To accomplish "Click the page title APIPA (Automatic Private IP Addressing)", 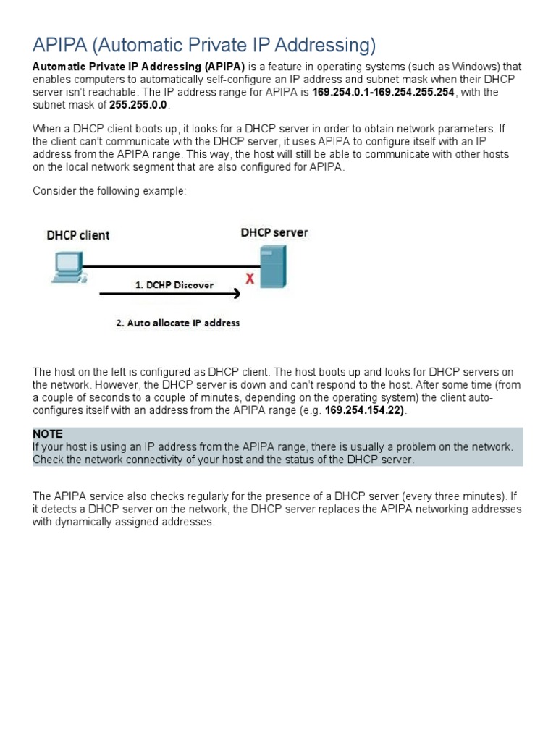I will [x=204, y=46].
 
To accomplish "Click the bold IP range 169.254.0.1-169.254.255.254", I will [x=383, y=93].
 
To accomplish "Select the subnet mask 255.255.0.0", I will [x=138, y=105].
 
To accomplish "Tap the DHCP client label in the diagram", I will [x=78, y=235].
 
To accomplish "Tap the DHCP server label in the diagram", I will [x=274, y=233].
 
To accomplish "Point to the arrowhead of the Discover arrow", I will [x=235, y=294].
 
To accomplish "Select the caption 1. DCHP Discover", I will [x=174, y=285].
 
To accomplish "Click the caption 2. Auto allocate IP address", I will [x=177, y=323].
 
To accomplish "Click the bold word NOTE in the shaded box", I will [x=47, y=433].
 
